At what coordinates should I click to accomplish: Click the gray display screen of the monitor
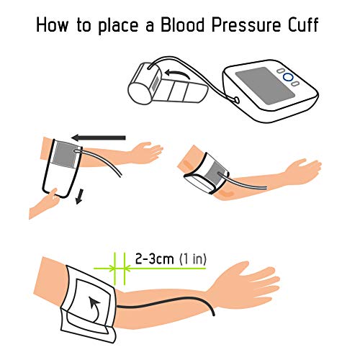(257, 84)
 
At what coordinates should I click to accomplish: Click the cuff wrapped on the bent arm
(204, 171)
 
